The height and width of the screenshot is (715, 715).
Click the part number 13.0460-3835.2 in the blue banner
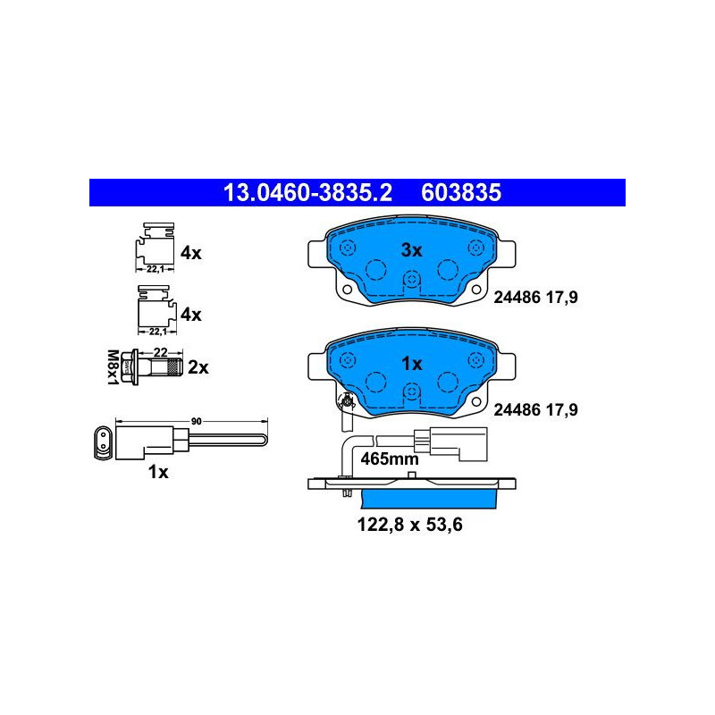point(307,192)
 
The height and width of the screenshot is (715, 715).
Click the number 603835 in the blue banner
point(461,192)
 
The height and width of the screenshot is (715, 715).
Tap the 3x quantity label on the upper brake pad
point(411,250)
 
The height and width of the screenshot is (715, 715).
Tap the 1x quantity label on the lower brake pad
point(411,364)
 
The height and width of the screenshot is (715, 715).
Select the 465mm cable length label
point(390,458)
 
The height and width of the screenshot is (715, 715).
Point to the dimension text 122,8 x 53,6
point(409,525)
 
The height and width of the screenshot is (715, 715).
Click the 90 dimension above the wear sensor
point(196,421)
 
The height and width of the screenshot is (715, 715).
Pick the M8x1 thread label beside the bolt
point(113,367)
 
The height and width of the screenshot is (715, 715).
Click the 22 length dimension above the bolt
point(161,352)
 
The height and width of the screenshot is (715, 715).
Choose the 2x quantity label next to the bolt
point(198,367)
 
